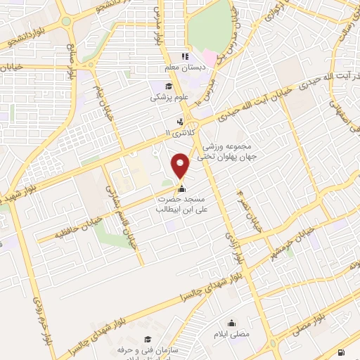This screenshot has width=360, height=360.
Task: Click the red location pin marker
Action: click(181, 166)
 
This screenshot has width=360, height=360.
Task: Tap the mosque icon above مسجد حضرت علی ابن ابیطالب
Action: click(182, 188)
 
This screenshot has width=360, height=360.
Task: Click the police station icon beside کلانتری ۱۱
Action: click(182, 121)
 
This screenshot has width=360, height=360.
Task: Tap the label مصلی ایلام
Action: click(232, 335)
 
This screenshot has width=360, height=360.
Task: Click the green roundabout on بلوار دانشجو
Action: click(66, 21)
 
